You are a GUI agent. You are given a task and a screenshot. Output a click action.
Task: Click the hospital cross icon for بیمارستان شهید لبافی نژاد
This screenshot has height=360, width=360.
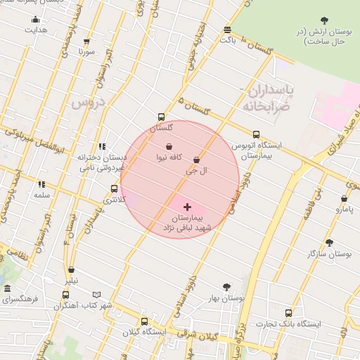pos(187,207)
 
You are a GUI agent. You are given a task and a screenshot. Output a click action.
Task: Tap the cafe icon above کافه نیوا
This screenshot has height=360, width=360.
pos(169,146)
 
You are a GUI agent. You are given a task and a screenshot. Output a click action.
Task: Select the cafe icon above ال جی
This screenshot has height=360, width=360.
pos(205,160)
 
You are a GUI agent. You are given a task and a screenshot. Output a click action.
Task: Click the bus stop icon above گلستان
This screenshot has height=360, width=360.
pos(162,117)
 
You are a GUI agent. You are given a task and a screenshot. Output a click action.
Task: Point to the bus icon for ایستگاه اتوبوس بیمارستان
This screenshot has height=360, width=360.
pos(255,134)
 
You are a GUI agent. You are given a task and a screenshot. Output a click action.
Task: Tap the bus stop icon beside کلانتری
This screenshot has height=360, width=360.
pos(114,188)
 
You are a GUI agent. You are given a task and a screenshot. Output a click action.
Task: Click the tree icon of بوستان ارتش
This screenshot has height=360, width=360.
pos(323,21)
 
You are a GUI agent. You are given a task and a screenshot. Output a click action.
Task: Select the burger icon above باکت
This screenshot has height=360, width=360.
pos(227,30)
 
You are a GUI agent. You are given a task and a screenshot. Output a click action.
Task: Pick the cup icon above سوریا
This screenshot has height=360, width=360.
pos(86,41)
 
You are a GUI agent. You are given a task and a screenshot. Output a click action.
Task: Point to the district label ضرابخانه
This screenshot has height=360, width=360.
pos(266,107)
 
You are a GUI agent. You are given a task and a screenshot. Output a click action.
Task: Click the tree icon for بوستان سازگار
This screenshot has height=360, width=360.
pos(329,243)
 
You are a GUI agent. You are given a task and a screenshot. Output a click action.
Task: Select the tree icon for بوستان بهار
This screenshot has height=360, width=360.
pos(226,286)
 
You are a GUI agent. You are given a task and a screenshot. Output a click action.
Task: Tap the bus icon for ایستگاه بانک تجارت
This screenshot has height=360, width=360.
pos(288,313)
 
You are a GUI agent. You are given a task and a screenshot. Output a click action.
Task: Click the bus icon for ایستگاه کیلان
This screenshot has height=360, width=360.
pos(144,321)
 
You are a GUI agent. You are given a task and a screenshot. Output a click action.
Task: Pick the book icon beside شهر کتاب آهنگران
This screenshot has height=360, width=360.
pos(97,295)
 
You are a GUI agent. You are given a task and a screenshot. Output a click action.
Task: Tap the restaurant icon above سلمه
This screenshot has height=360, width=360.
pos(41,184)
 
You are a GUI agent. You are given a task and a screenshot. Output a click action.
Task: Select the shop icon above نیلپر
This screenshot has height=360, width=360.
pos(72,269)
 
